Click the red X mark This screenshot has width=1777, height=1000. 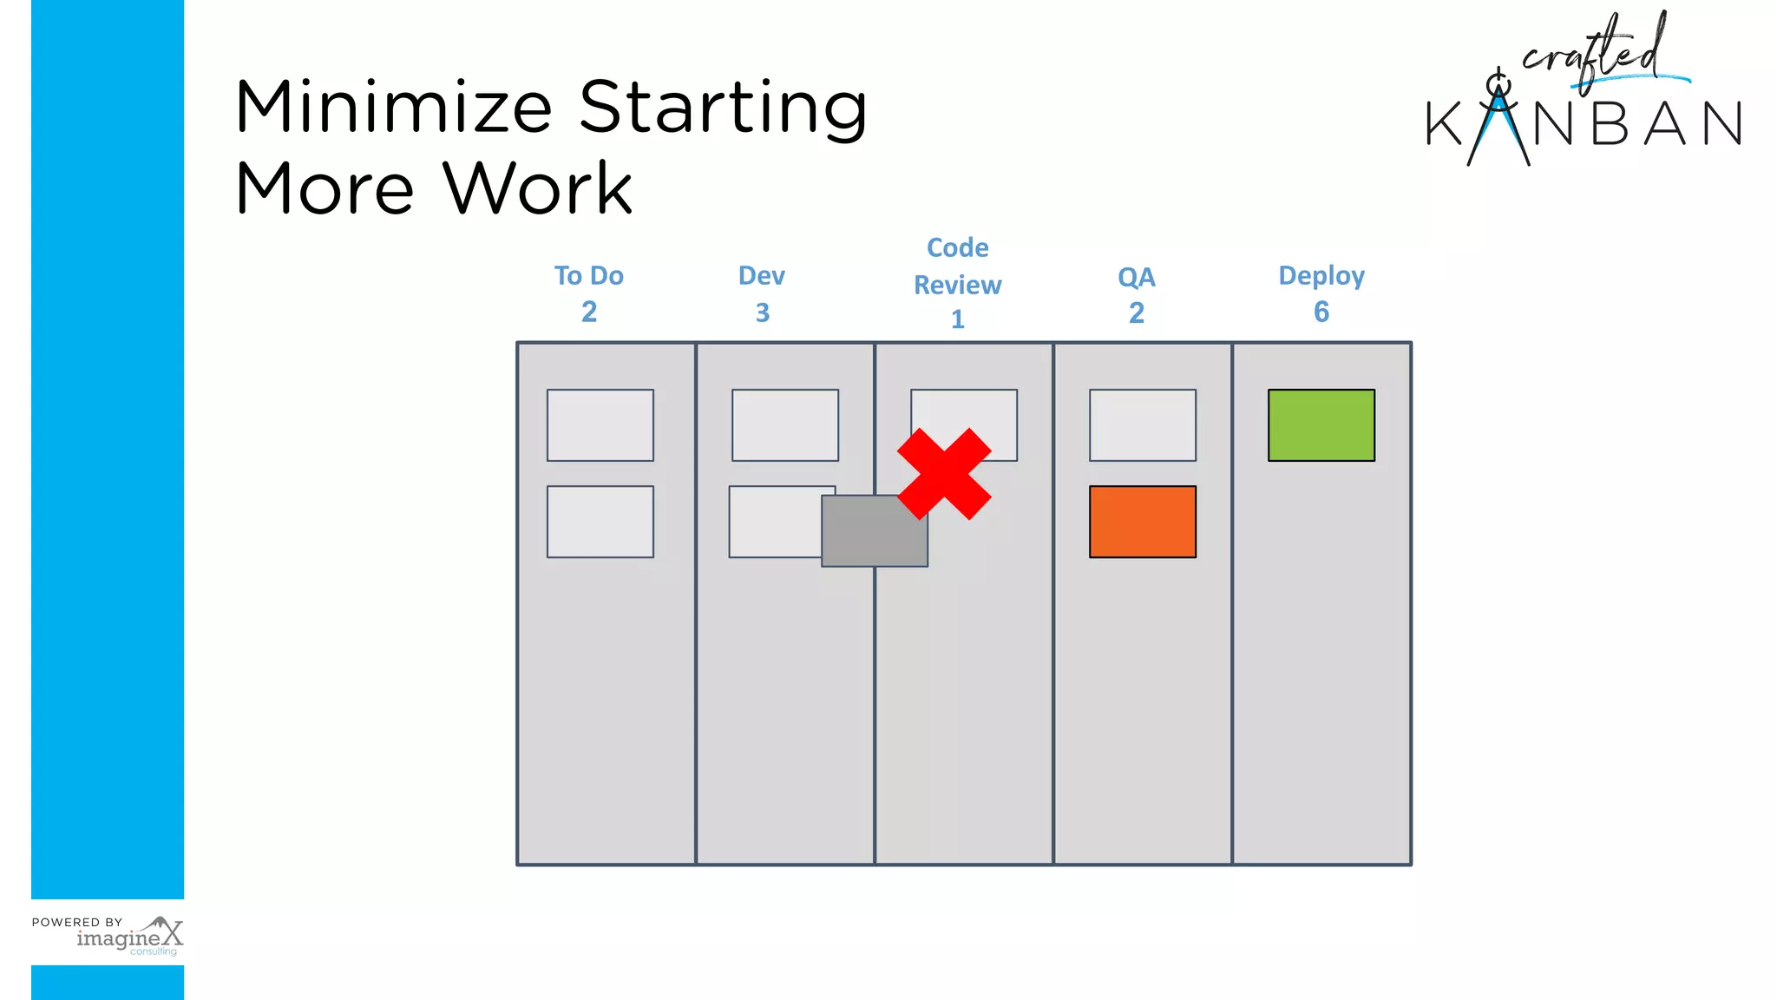pyautogui.click(x=944, y=474)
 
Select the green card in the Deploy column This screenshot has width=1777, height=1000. pyautogui.click(x=1321, y=425)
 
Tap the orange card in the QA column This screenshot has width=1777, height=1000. pyautogui.click(x=1142, y=522)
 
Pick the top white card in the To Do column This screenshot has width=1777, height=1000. pyautogui.click(x=600, y=425)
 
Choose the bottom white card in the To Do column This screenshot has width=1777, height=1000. pyautogui.click(x=600, y=522)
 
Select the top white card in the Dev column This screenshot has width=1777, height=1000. pyautogui.click(x=784, y=425)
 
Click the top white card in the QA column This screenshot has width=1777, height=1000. pyautogui.click(x=1142, y=425)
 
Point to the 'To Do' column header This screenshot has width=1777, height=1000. pyautogui.click(x=588, y=276)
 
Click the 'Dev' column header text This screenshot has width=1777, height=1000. pyautogui.click(x=761, y=276)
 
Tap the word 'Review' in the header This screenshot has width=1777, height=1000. pyautogui.click(x=957, y=285)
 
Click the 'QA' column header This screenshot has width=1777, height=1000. pyautogui.click(x=1136, y=278)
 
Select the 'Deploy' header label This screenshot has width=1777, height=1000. pyautogui.click(x=1321, y=276)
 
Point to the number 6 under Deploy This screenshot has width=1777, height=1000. pyautogui.click(x=1321, y=312)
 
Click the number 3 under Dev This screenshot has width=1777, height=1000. pyautogui.click(x=762, y=312)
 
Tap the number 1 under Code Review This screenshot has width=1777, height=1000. pyautogui.click(x=957, y=319)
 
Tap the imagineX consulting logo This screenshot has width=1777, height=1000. pyautogui.click(x=130, y=937)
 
